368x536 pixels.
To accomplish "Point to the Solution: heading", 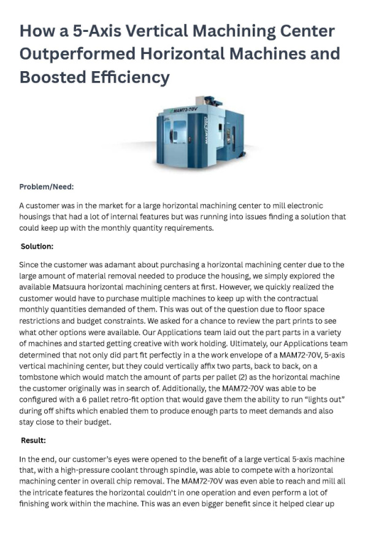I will pyautogui.click(x=37, y=247).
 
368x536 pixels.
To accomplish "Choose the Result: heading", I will pyautogui.click(x=34, y=440).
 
